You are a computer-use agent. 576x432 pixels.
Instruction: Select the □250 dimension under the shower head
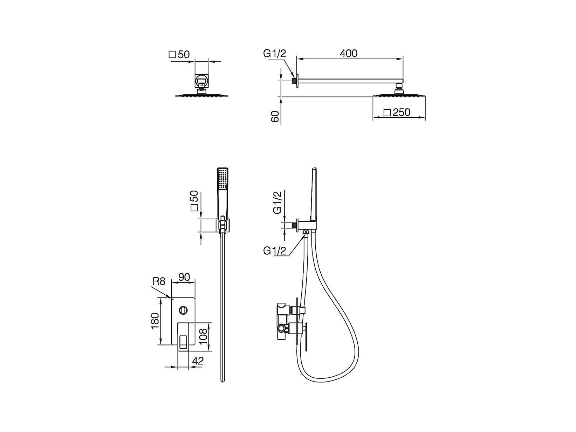[397, 112]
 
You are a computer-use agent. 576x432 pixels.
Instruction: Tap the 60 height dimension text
[275, 116]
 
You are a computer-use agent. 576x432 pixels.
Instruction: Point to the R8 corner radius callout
[159, 281]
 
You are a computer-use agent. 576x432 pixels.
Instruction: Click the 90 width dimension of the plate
[184, 277]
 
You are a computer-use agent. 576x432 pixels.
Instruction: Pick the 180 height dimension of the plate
[155, 321]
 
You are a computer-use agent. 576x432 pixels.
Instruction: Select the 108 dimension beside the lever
[204, 337]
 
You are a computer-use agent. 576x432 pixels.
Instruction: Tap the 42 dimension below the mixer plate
[198, 361]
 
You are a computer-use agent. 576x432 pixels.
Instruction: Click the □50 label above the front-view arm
[179, 54]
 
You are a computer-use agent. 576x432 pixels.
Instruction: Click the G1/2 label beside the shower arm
[275, 53]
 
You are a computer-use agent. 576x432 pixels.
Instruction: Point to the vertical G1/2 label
[277, 202]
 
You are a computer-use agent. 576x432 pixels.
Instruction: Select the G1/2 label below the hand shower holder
[275, 251]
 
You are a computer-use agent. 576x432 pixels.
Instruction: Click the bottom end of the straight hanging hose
[222, 380]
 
